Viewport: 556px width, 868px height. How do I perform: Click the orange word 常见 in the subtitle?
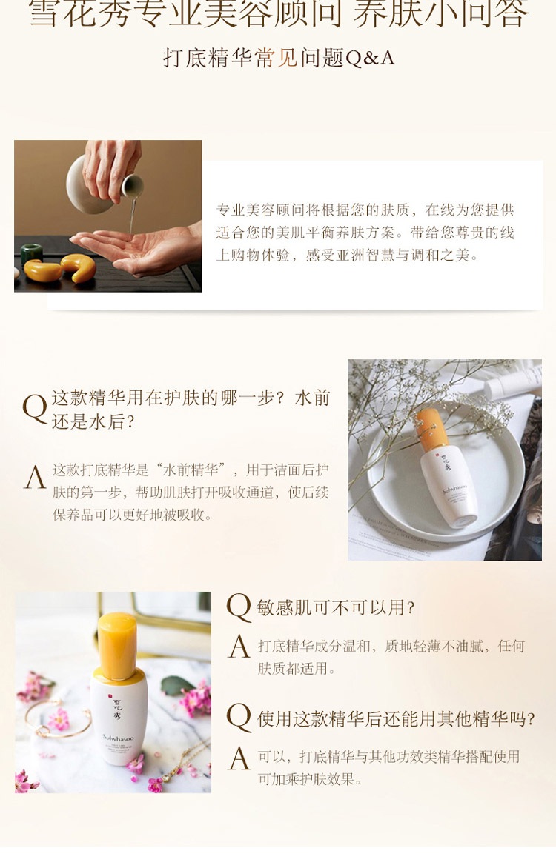(x=277, y=58)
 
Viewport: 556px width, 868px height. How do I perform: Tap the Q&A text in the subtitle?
(x=370, y=58)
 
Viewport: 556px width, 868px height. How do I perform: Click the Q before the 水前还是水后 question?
(x=34, y=409)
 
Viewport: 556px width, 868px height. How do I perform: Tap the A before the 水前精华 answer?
(x=35, y=477)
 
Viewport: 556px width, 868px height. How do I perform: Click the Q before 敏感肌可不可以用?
(x=239, y=607)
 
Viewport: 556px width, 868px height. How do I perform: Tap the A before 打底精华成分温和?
(x=239, y=647)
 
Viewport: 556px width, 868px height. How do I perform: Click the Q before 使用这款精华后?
(x=239, y=718)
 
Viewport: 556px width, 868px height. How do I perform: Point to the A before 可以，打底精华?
(x=239, y=758)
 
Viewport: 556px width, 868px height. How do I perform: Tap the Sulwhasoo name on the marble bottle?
(x=118, y=738)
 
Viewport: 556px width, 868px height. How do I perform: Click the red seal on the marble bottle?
(x=111, y=694)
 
